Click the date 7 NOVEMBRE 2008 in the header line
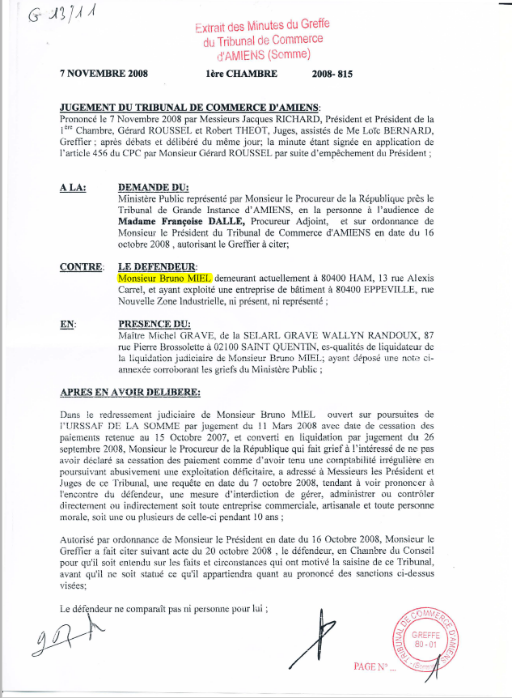pos(104,74)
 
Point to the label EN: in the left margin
pos(68,323)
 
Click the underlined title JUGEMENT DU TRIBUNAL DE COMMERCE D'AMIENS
pos(190,108)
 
